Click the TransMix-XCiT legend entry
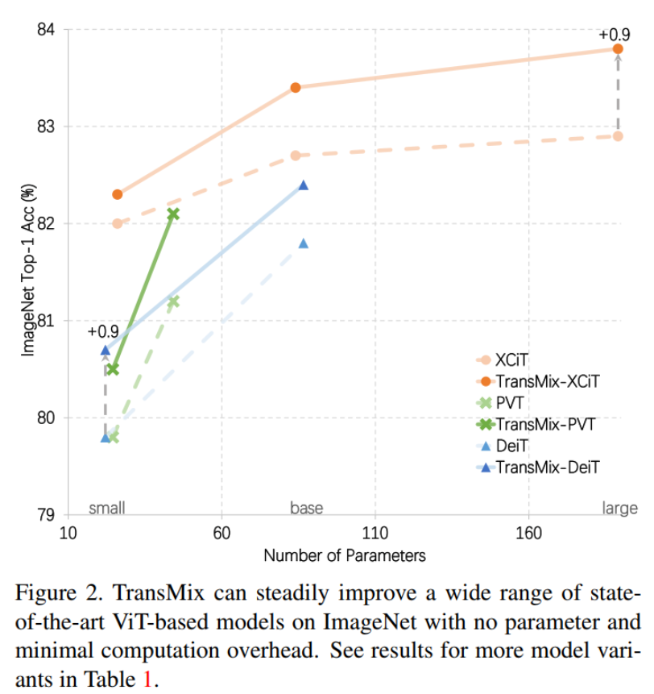pos(548,379)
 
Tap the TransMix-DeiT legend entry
pos(548,466)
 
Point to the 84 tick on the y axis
pos(46,30)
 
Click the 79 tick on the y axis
pos(46,515)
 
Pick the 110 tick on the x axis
pos(375,533)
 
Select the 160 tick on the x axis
pos(528,533)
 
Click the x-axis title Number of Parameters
pos(344,555)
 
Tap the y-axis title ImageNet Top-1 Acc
pos(27,271)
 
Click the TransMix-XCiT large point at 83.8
pos(618,49)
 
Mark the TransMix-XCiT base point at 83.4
pos(296,87)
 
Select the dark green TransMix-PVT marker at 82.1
pos(172,214)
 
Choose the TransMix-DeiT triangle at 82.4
pos(304,185)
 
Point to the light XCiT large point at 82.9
pos(618,135)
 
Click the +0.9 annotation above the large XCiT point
pos(614,35)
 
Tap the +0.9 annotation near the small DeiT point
pos(103,331)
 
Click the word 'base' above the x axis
pos(306,508)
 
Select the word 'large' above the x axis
pos(619,508)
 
